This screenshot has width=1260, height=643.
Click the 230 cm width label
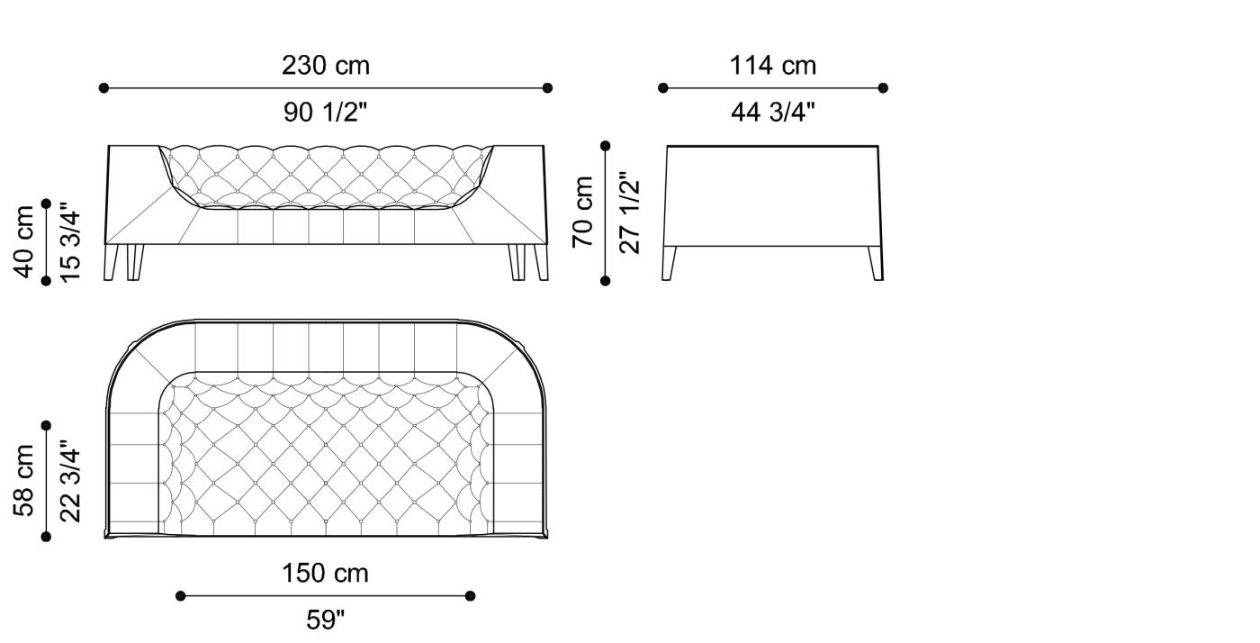click(x=325, y=66)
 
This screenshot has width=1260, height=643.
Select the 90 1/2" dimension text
click(x=325, y=113)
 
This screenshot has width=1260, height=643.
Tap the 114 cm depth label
click(x=772, y=66)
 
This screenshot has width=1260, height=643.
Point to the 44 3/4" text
click(x=772, y=113)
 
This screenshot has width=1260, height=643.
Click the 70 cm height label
click(x=583, y=212)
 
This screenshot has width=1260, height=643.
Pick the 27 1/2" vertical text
click(x=630, y=212)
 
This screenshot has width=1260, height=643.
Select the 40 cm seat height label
click(x=23, y=241)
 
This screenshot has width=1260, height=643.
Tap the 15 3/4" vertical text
click(x=70, y=241)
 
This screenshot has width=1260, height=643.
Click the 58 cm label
click(x=23, y=480)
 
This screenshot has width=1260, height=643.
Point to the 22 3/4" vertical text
click(x=70, y=480)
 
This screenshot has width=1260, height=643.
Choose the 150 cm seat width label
click(x=325, y=574)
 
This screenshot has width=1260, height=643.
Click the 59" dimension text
click(x=325, y=620)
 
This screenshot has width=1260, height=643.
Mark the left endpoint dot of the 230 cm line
click(x=103, y=88)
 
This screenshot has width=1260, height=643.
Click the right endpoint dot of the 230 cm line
click(x=547, y=88)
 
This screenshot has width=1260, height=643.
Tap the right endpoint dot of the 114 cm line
click(x=883, y=88)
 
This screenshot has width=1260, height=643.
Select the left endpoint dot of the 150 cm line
click(x=180, y=595)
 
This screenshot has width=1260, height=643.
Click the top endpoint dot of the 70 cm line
click(x=605, y=145)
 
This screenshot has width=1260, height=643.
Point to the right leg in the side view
click(x=876, y=263)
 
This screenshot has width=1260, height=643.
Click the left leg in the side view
click(x=669, y=263)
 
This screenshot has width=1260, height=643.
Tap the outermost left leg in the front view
click(x=112, y=262)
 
